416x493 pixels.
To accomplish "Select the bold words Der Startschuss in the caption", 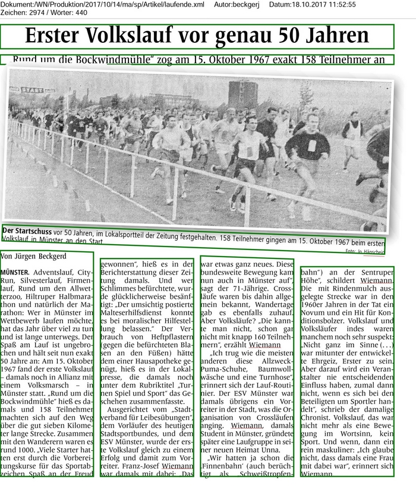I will coord(27,230).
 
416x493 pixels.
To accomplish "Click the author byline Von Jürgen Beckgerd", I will coord(34,257).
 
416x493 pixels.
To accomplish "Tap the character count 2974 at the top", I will coord(42,13).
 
